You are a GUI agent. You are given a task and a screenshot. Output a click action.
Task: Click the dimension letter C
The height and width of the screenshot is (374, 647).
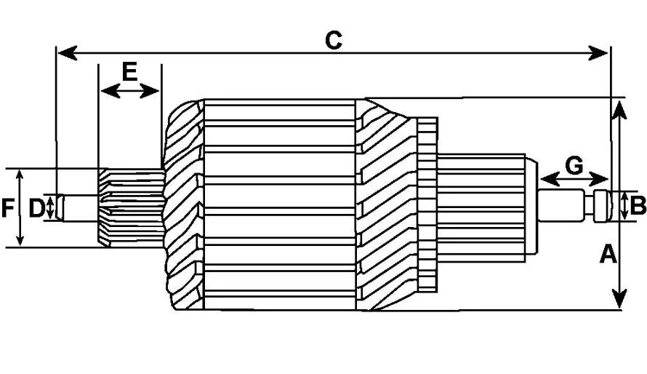click(334, 41)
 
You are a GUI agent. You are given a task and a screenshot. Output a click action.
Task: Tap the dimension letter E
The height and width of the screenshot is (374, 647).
click(129, 71)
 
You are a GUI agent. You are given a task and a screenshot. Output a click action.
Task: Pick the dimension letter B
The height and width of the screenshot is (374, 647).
click(638, 205)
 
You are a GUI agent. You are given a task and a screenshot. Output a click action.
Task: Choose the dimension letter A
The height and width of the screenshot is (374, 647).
click(608, 253)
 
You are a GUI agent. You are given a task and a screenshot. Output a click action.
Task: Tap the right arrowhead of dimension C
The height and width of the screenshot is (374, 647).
click(598, 53)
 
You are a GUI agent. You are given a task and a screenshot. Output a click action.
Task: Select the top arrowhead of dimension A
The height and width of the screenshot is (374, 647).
click(619, 109)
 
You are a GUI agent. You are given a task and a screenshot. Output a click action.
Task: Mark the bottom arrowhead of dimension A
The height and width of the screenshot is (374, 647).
click(619, 298)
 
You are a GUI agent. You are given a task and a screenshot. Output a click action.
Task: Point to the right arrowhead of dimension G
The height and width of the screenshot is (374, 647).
click(599, 180)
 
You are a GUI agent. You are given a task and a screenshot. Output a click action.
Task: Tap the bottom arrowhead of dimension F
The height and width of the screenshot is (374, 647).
click(20, 239)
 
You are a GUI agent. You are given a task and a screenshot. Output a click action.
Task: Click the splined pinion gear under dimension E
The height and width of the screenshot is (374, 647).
click(131, 208)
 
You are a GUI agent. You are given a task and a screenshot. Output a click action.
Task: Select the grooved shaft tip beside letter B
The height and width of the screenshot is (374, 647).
click(603, 206)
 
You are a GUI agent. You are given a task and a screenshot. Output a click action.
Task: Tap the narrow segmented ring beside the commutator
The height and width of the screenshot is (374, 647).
click(427, 204)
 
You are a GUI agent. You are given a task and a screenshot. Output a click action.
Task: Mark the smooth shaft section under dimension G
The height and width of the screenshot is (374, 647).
click(562, 205)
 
